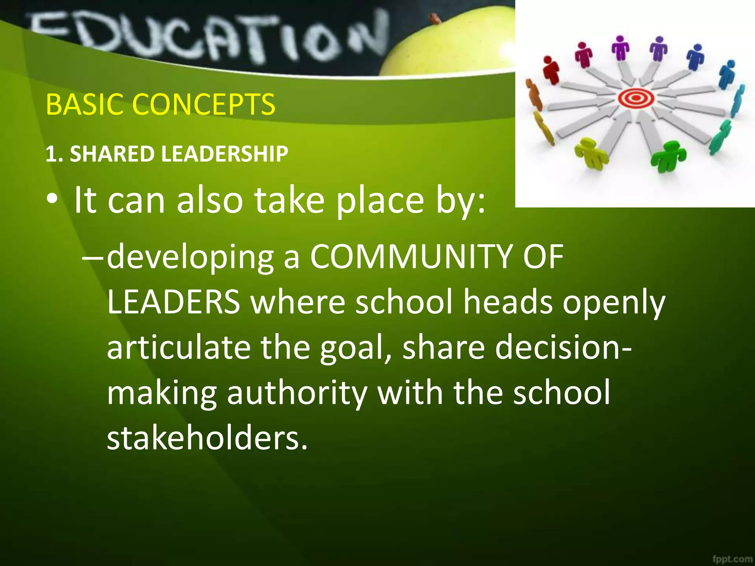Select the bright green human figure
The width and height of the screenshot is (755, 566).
pyautogui.click(x=668, y=157)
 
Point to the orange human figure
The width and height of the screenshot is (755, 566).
pyautogui.click(x=534, y=95)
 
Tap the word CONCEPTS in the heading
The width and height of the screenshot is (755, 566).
pyautogui.click(x=203, y=104)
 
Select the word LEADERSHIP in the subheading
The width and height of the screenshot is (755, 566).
pyautogui.click(x=225, y=154)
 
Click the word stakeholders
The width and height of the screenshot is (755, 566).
pyautogui.click(x=207, y=438)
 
